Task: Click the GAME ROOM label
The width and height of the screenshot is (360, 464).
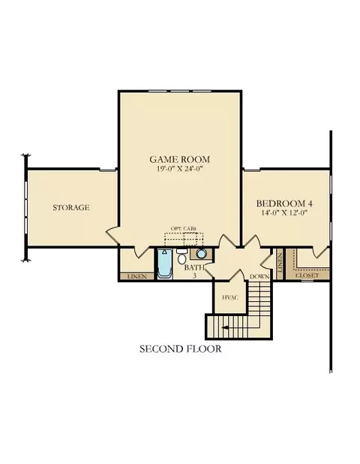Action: [x=180, y=159]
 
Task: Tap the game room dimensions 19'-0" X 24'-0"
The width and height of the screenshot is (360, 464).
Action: [x=180, y=169]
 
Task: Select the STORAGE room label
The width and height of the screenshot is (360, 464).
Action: [x=71, y=207]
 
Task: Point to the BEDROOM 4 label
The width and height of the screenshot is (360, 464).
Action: [x=284, y=203]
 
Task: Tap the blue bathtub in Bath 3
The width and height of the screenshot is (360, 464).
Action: [x=165, y=264]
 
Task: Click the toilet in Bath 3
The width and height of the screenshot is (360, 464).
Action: [x=181, y=256]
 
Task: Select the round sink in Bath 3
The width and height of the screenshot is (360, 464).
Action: [x=201, y=254]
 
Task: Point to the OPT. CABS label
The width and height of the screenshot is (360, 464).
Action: [x=184, y=228]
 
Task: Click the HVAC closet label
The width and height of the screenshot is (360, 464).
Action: [x=230, y=297]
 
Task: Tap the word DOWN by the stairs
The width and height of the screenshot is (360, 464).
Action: [x=259, y=277]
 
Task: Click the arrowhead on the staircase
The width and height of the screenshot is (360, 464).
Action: [x=225, y=327]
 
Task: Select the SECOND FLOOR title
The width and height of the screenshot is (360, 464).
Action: [x=180, y=349]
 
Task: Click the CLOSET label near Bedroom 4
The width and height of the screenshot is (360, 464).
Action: [x=307, y=276]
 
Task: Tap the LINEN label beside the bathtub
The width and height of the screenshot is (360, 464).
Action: [x=136, y=276]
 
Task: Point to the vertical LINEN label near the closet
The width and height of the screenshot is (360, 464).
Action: [x=280, y=263]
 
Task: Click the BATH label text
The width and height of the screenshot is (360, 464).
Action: [x=194, y=267]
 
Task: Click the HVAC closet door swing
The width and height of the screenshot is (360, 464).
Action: [x=238, y=276]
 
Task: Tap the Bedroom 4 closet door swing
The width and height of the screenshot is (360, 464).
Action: [x=321, y=252]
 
